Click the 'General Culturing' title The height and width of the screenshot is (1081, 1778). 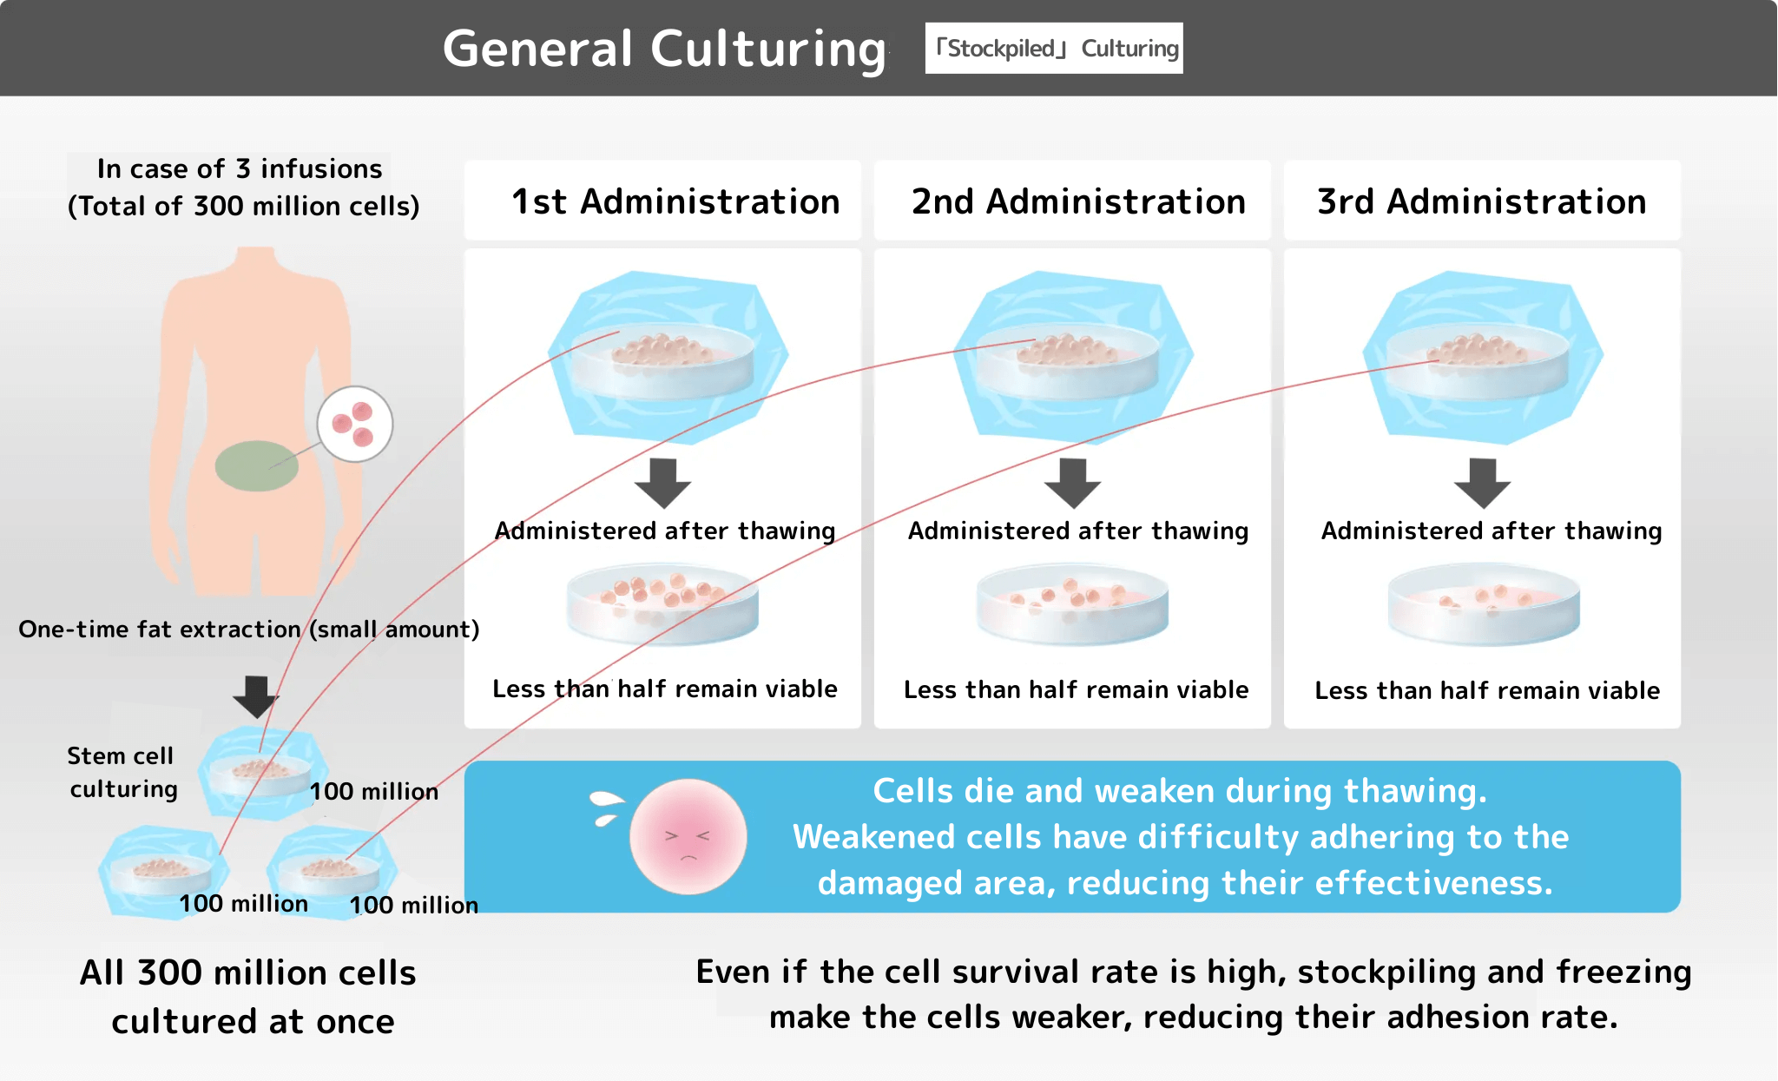pyautogui.click(x=664, y=49)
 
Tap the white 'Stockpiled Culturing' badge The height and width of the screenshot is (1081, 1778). pyautogui.click(x=1054, y=49)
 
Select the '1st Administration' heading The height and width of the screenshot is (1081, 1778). pyautogui.click(x=675, y=201)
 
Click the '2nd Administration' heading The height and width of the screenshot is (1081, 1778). pyautogui.click(x=1078, y=201)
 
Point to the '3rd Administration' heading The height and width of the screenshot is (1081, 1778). pyautogui.click(x=1482, y=201)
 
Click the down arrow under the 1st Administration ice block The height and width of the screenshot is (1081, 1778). pyautogui.click(x=663, y=483)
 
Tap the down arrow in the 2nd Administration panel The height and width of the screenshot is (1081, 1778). pyautogui.click(x=1073, y=483)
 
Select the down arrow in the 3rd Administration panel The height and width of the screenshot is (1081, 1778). pyautogui.click(x=1483, y=483)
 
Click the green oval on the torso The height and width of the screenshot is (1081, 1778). pyautogui.click(x=256, y=465)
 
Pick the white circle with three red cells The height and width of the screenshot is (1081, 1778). pyautogui.click(x=354, y=424)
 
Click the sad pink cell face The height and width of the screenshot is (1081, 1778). pyautogui.click(x=688, y=836)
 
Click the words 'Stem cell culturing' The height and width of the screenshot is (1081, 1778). pyautogui.click(x=122, y=772)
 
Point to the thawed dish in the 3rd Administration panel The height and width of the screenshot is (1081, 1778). pyautogui.click(x=1484, y=604)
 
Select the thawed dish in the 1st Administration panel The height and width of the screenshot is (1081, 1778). pyautogui.click(x=662, y=604)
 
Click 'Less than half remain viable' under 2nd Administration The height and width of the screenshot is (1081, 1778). pyautogui.click(x=1076, y=689)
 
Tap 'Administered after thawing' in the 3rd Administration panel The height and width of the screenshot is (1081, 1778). pyautogui.click(x=1492, y=531)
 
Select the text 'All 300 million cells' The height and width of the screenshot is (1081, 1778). pyautogui.click(x=248, y=972)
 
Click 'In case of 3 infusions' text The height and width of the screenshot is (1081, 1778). pyautogui.click(x=240, y=168)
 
